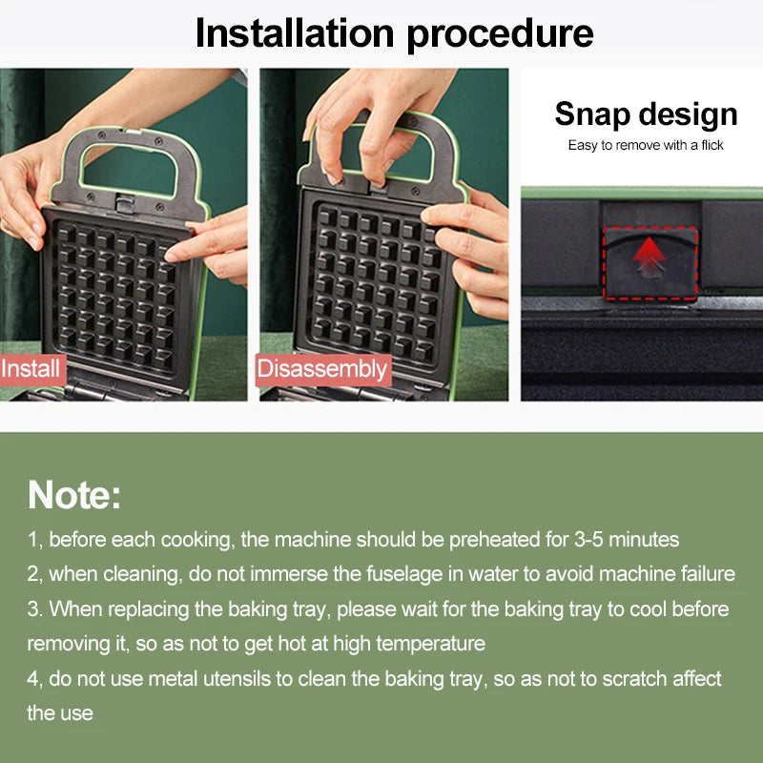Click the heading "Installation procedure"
pos(394,34)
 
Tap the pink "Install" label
pos(32,369)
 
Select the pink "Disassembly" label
pos(323,369)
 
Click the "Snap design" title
pos(646,114)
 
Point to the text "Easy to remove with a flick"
pos(646,145)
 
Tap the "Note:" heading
pos(74,495)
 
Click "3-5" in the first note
pos(588,540)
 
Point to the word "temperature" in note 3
pos(431,645)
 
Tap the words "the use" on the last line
pos(60,713)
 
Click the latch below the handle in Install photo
pos(124,202)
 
